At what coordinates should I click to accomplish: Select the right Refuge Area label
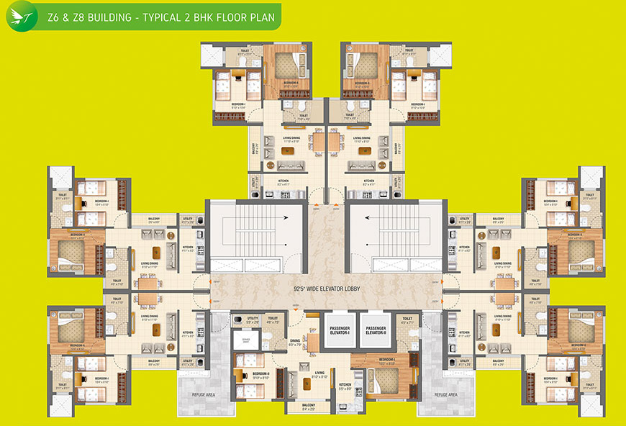[x=446, y=394]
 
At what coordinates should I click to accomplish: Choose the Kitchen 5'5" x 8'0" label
[x=345, y=386]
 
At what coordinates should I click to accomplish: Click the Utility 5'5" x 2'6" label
[x=253, y=319]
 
